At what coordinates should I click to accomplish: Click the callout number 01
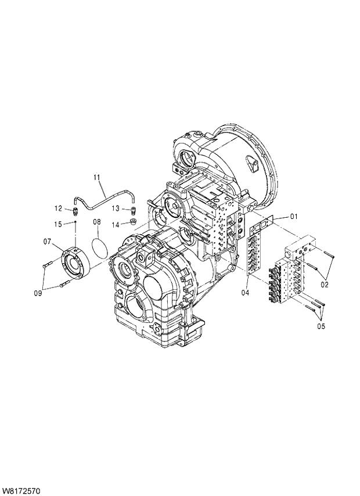tap(294, 217)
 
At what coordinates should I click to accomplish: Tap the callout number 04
tap(245, 292)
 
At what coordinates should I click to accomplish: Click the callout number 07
tap(47, 241)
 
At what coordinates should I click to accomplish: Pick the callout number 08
tap(97, 222)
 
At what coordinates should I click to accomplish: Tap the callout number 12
tap(58, 208)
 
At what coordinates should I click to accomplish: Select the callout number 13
tap(116, 208)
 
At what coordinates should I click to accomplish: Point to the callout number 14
tap(116, 224)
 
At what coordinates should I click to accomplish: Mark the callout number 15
tap(58, 224)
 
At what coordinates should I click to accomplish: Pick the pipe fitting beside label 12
tap(75, 210)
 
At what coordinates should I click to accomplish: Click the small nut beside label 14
tap(132, 222)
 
